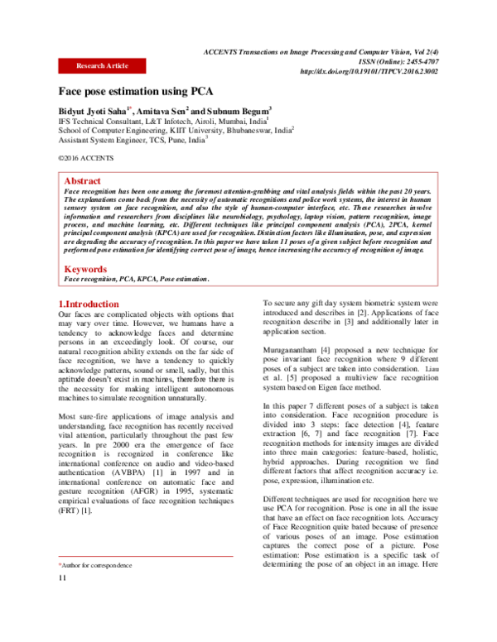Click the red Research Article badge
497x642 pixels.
[102, 65]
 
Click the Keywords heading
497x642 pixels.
[86, 269]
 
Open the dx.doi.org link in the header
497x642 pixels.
[369, 71]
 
